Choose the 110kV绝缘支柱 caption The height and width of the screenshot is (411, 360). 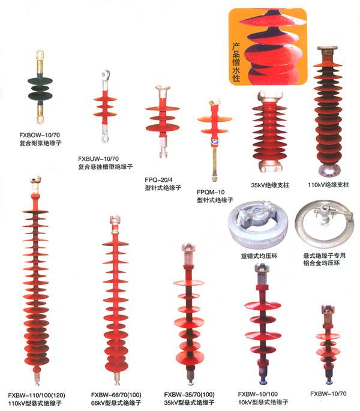point(324,185)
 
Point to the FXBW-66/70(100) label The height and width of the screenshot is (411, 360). point(118,394)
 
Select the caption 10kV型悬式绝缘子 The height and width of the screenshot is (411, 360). point(263,401)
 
